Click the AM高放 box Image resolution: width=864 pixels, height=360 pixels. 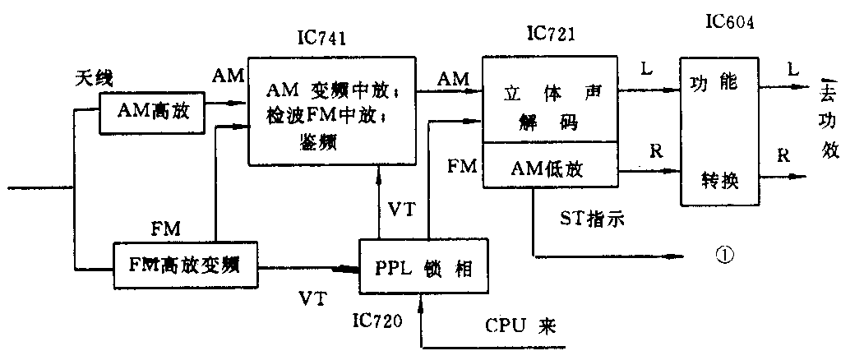click(153, 112)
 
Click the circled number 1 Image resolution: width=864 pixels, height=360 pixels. click(724, 256)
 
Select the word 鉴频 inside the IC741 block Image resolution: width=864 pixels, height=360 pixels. click(322, 140)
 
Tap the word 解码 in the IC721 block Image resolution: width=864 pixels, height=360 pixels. click(548, 122)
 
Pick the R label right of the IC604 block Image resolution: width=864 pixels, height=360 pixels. click(783, 155)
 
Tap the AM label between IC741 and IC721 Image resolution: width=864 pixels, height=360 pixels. click(454, 79)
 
